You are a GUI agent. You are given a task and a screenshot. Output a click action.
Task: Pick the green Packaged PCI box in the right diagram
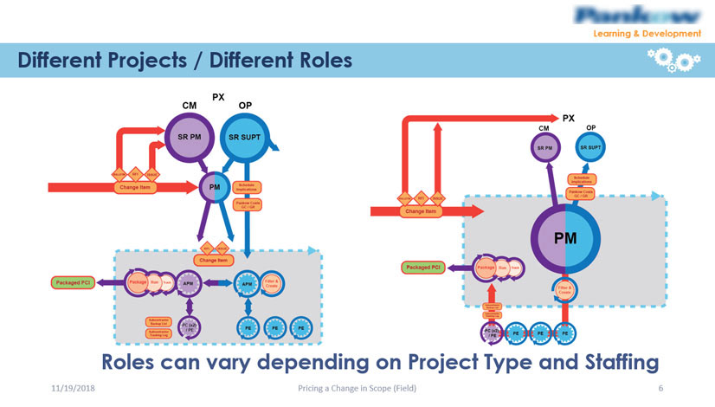tap(423, 268)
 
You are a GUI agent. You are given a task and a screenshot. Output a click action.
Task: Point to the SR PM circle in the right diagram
tap(544, 148)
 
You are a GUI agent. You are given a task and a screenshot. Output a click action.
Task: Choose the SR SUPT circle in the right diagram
tap(590, 148)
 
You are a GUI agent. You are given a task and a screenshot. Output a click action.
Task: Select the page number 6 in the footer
tap(660, 391)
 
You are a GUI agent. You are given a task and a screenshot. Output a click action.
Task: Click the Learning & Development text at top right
tap(647, 34)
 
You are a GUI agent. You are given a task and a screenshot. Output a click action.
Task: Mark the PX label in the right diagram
tap(569, 117)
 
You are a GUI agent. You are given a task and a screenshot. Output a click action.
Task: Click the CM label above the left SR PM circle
tap(189, 105)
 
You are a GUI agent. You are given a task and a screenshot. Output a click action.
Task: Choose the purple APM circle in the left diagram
tap(187, 283)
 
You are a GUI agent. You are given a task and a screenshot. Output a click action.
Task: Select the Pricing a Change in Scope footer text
tap(357, 391)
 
